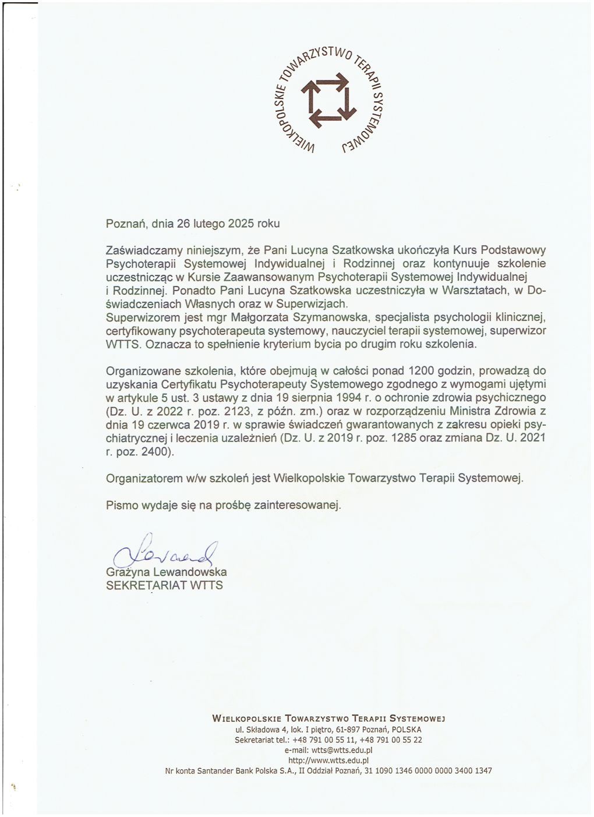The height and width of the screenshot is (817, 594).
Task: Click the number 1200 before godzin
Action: point(423,370)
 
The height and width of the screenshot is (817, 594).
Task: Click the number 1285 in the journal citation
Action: point(404,438)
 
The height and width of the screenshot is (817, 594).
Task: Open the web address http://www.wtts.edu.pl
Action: point(329,760)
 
